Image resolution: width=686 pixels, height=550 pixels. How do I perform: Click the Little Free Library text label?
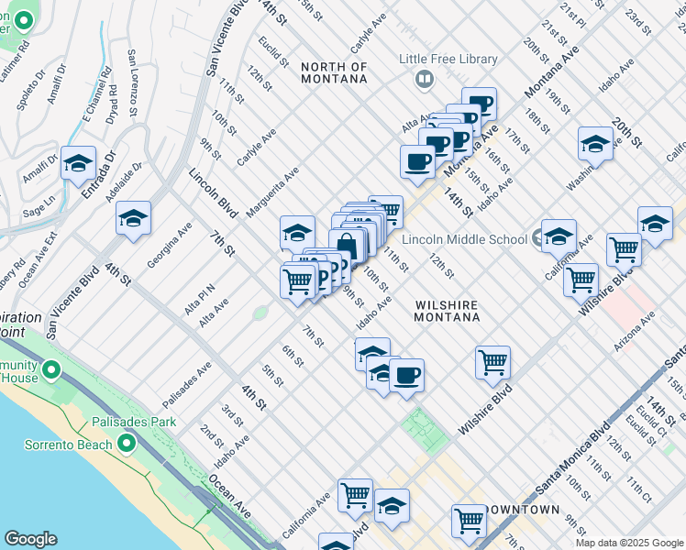point(448,60)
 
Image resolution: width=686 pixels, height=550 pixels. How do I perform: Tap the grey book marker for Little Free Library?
point(424,79)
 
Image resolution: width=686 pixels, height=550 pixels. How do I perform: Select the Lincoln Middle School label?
point(465,239)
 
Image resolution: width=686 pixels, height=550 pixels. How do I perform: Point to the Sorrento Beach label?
point(56,445)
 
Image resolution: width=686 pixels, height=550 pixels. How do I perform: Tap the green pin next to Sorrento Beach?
point(126,445)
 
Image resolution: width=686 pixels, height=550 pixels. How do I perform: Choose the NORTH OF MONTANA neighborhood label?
point(334,72)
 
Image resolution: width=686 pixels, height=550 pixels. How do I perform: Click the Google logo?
point(30,539)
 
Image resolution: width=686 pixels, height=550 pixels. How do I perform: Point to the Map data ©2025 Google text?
point(629,543)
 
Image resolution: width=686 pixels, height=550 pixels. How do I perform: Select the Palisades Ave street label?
point(187,383)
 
